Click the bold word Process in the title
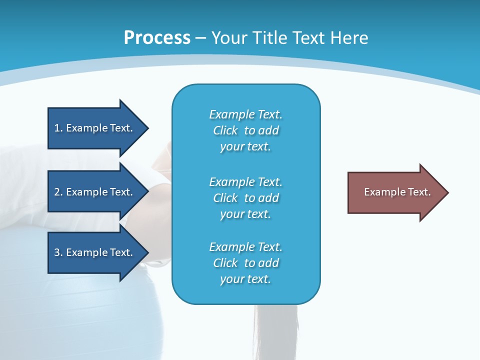157,38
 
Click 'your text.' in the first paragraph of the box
245,147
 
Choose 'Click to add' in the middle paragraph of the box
246,198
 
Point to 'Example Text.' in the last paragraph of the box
246,247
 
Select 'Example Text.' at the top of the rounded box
246,114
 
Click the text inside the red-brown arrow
397,192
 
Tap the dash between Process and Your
200,38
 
